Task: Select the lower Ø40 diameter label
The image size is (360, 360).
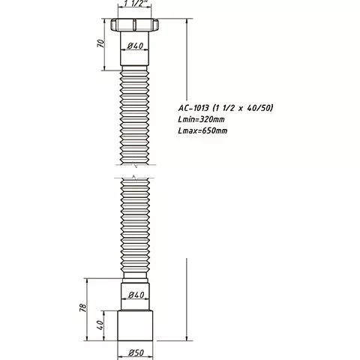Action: [135, 294]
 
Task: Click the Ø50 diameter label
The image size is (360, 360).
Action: [135, 352]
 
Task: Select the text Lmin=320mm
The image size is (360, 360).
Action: [208, 120]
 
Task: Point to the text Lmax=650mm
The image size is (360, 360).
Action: [208, 131]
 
